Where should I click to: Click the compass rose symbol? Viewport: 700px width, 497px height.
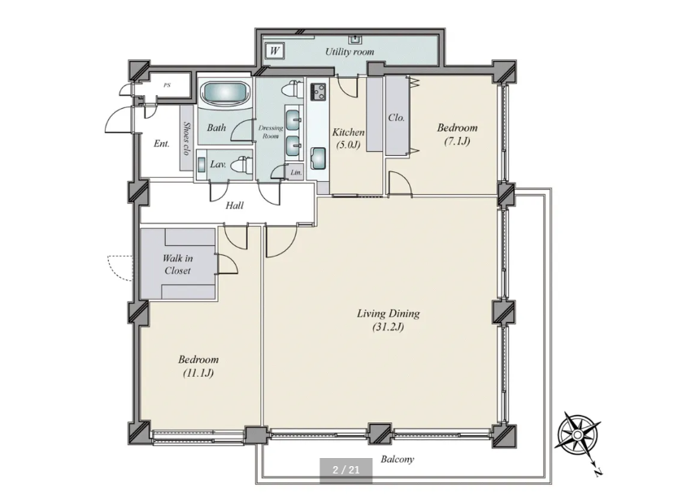(x=578, y=434)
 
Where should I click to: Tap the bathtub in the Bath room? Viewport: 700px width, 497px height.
(x=224, y=93)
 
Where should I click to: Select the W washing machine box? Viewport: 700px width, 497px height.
(x=274, y=50)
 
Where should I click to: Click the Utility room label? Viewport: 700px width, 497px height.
(x=349, y=52)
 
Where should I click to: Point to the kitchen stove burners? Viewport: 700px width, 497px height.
(x=318, y=92)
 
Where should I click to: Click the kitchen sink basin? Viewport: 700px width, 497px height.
(x=318, y=159)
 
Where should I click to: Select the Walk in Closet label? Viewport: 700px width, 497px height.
(x=177, y=264)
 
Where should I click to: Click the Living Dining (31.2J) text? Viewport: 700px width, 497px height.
(x=388, y=320)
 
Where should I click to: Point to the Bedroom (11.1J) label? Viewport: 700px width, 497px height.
(x=198, y=366)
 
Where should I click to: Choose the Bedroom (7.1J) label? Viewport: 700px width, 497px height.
(x=457, y=134)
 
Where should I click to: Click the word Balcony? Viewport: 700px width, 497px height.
(x=397, y=459)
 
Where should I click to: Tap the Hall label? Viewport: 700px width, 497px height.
(x=234, y=205)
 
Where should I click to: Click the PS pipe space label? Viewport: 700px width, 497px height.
(x=167, y=85)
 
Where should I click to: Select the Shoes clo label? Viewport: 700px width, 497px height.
(x=186, y=139)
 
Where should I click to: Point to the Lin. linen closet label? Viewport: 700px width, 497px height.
(x=296, y=172)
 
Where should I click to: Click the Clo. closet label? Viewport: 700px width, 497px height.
(x=397, y=118)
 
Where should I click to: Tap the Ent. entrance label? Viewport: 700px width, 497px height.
(x=162, y=144)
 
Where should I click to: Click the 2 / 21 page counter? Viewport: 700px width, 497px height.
(x=346, y=470)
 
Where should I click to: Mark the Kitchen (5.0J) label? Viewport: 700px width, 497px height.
(x=348, y=138)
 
